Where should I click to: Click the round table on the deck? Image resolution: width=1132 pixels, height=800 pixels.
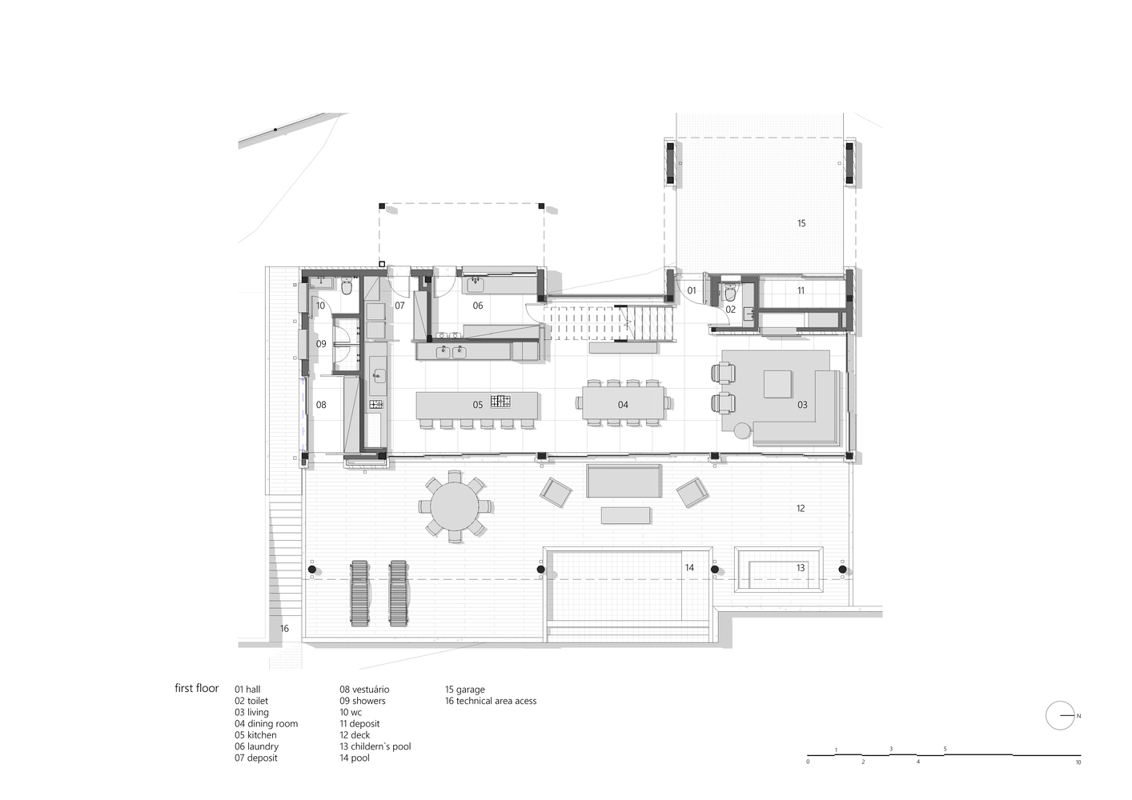coord(455,506)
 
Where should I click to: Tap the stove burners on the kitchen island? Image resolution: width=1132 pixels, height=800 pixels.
coord(501,402)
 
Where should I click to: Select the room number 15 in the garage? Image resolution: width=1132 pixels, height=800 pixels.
coord(801,223)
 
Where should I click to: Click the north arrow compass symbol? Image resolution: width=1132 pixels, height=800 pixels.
coord(1060,716)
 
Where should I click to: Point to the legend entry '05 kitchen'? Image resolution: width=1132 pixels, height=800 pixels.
coord(255,735)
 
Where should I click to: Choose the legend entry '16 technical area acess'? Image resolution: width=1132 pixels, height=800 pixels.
coord(491,701)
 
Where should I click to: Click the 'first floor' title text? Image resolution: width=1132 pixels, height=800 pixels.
coord(197,688)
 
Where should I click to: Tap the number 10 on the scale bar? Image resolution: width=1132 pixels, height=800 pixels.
coord(1078,776)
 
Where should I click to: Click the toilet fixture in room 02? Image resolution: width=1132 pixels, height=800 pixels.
coord(730,293)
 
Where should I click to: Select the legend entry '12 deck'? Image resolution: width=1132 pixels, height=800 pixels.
coord(355,735)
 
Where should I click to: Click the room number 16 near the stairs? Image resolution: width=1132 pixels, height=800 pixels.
coord(284,629)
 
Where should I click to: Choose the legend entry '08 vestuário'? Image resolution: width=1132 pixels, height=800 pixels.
coord(364,690)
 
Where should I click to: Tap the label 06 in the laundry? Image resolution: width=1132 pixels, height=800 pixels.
coord(478,306)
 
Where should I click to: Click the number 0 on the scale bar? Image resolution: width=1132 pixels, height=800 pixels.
coord(808,776)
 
